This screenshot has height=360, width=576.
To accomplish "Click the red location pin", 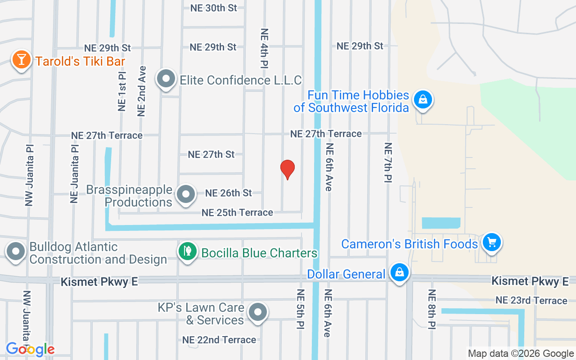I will tap(288, 169).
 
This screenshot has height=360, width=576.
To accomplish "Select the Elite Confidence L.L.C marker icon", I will tap(166, 79).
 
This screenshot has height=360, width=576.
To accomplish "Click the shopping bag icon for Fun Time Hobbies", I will tap(423, 99).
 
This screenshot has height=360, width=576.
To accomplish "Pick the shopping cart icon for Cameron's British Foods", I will tap(491, 243).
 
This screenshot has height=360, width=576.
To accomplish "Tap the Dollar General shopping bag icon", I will tap(399, 273).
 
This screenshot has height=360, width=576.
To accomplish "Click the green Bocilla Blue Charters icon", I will tap(188, 252).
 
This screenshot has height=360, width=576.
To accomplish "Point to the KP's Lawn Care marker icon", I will tap(257, 312).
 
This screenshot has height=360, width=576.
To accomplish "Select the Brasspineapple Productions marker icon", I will tap(185, 195).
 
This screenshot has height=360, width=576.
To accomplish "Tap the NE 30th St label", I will tap(213, 8).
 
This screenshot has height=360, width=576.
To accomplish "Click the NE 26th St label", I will tap(229, 193).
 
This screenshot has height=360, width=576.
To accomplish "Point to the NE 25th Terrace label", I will tap(237, 212).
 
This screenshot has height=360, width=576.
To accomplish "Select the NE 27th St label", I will tap(211, 154).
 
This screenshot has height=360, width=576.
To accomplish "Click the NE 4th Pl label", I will tap(265, 48).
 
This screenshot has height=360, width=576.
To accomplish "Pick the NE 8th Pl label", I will tap(432, 309).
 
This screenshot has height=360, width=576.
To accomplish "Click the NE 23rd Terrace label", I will tap(531, 300).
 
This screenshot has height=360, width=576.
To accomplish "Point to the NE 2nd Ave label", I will tap(142, 91).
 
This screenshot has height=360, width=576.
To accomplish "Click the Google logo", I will tap(30, 349).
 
